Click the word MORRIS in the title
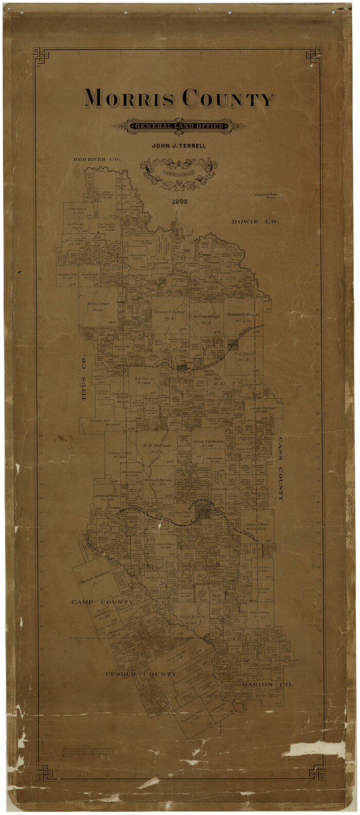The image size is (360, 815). pyautogui.click(x=129, y=98)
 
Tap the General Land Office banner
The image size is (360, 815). pyautogui.click(x=179, y=126)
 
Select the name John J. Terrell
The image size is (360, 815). pyautogui.click(x=178, y=146)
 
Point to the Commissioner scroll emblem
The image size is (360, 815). pyautogui.click(x=179, y=173)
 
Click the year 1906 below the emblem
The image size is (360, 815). pyautogui.click(x=180, y=201)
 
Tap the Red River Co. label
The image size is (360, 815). pyautogui.click(x=97, y=160)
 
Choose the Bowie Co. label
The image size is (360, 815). pyautogui.click(x=255, y=222)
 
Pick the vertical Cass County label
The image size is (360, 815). pyautogui.click(x=281, y=469)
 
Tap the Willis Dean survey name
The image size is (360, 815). pyautogui.click(x=98, y=304)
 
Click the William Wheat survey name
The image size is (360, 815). pyautogui.click(x=207, y=317)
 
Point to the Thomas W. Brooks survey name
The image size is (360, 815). pyautogui.click(x=243, y=314)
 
